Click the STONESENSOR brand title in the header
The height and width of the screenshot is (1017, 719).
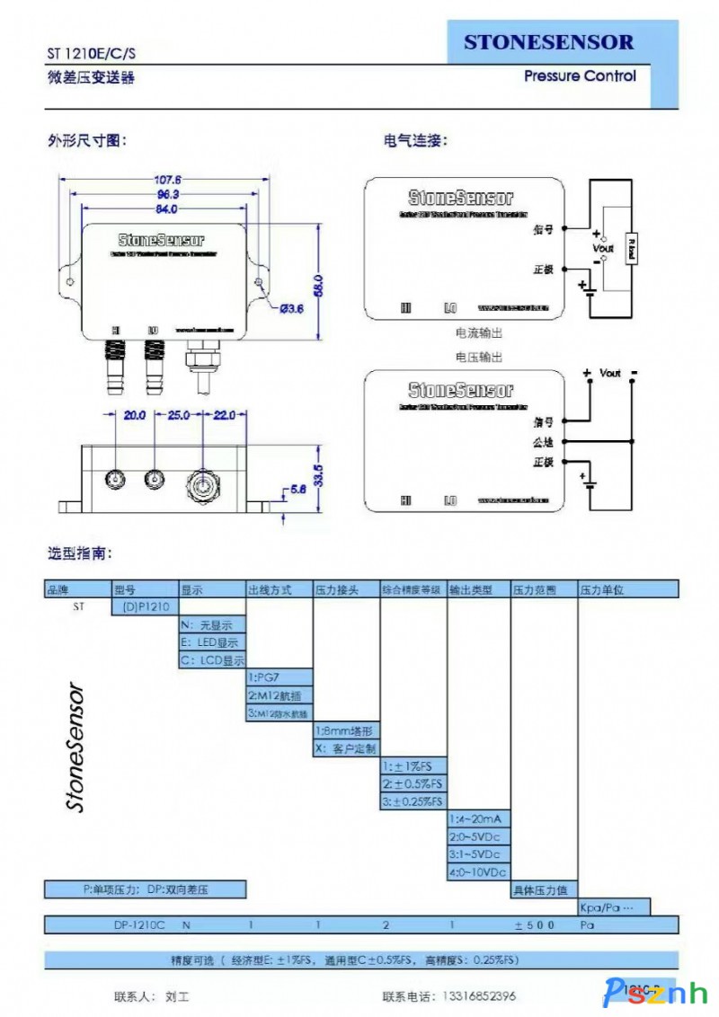point(548,42)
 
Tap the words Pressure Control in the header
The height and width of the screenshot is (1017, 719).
point(580,76)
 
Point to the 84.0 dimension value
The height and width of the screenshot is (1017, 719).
point(165,208)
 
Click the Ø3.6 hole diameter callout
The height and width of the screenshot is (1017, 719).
point(292,309)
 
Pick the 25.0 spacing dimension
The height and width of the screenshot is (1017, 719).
point(179,415)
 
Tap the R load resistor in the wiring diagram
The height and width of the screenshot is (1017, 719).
point(632,250)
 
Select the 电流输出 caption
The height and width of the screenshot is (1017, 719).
point(479,332)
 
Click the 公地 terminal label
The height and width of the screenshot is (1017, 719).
point(542,443)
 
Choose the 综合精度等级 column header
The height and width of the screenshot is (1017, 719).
point(413,590)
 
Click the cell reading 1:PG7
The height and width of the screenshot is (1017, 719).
point(280,677)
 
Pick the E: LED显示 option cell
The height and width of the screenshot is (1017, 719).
point(212,642)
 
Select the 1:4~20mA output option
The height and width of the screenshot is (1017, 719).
point(478,818)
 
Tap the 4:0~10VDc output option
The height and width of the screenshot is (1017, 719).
point(478,871)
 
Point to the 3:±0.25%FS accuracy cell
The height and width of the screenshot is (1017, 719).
point(413,800)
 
